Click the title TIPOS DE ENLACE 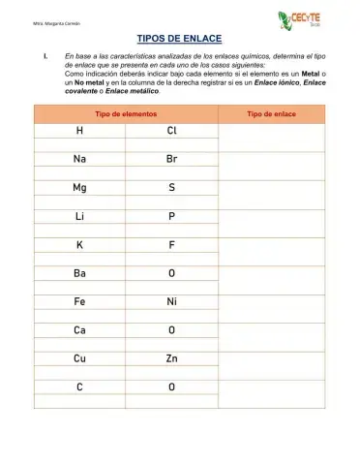click(180, 40)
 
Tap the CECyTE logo click(299, 19)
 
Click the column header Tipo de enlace click(272, 114)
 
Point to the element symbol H click(79, 131)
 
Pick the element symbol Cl click(171, 131)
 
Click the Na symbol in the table click(79, 159)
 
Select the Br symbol click(171, 159)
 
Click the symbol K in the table click(79, 245)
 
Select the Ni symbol click(171, 301)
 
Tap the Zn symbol click(171, 358)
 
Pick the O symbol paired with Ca click(171, 330)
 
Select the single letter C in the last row click(79, 387)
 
